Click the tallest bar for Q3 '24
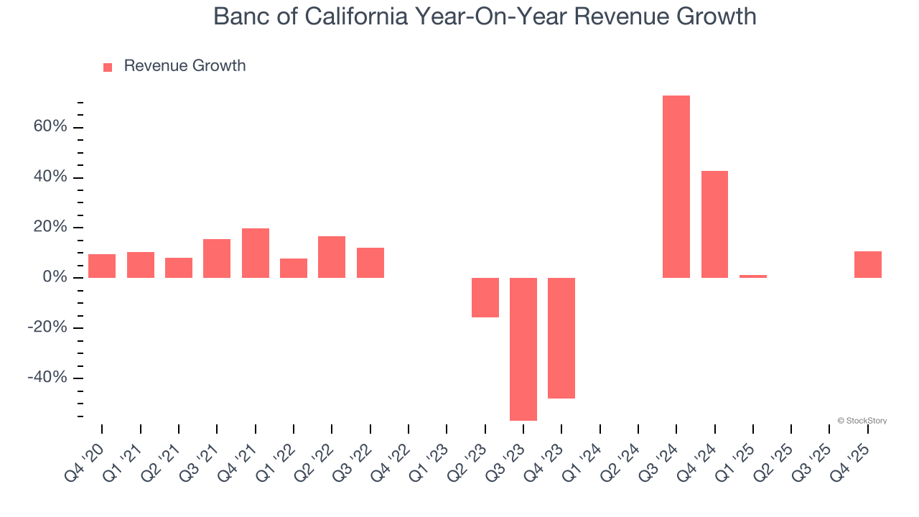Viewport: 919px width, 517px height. click(676, 187)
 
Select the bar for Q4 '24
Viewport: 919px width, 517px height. click(714, 224)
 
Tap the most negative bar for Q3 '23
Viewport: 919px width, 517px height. click(523, 349)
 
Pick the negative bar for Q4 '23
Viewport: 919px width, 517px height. click(561, 337)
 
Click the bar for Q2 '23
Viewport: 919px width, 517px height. click(485, 297)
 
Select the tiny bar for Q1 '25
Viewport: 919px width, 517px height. click(752, 276)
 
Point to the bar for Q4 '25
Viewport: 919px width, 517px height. click(867, 264)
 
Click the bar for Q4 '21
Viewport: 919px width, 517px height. click(255, 253)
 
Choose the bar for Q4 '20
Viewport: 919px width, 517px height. click(102, 266)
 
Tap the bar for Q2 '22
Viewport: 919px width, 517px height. click(332, 257)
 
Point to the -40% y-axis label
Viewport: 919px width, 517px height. click(47, 378)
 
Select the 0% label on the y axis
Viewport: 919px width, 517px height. click(55, 278)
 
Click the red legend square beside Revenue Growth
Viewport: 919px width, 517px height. click(108, 67)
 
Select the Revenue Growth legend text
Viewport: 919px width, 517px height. click(185, 66)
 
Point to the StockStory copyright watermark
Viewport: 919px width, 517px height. click(862, 421)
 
